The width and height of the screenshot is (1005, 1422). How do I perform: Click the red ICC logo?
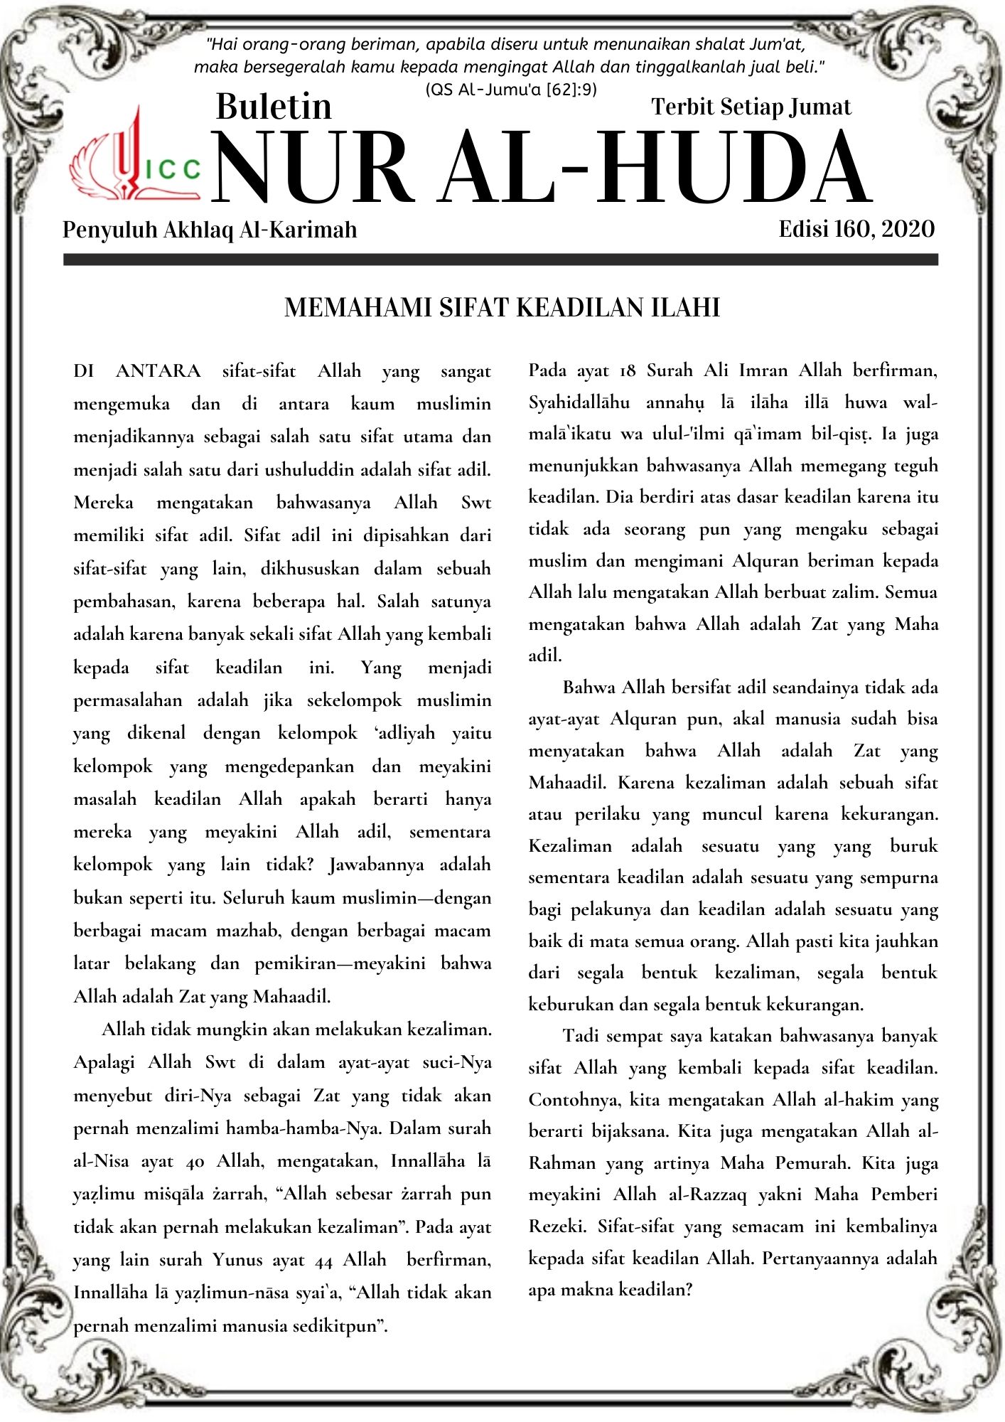tap(135, 158)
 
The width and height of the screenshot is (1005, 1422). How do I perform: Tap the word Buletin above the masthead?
tap(274, 107)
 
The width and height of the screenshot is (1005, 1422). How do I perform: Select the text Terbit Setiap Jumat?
tap(751, 107)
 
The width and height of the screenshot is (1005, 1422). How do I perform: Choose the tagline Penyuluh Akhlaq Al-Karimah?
tap(210, 230)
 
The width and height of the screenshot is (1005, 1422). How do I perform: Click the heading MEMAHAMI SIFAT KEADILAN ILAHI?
tap(502, 307)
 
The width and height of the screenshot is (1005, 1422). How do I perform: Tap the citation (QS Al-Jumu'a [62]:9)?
tap(510, 90)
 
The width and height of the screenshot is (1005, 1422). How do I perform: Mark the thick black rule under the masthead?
tap(500, 260)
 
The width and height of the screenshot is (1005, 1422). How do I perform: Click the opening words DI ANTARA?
tap(136, 371)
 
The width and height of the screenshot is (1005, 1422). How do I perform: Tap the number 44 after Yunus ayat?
tap(323, 1260)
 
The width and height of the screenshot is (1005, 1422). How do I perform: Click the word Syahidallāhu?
tap(579, 402)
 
